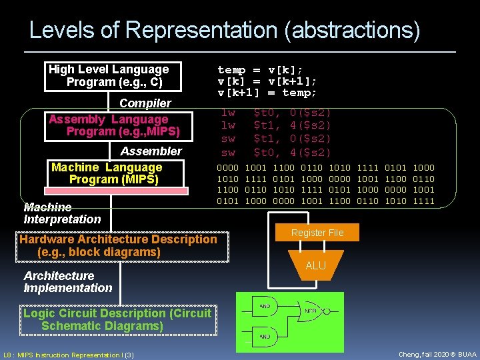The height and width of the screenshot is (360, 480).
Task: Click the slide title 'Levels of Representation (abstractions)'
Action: pyautogui.click(x=225, y=30)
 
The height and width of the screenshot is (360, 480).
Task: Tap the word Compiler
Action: pyautogui.click(x=145, y=103)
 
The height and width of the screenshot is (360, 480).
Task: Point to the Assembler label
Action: pyautogui.click(x=151, y=151)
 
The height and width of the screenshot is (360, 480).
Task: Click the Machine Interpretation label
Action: pyautogui.click(x=62, y=213)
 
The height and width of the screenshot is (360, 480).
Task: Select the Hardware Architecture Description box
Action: pyautogui.click(x=119, y=245)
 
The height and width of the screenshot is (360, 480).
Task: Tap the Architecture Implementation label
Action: pyautogui.click(x=67, y=282)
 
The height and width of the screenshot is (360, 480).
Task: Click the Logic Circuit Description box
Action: pyautogui.click(x=117, y=319)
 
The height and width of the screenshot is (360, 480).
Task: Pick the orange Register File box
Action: pyautogui.click(x=317, y=233)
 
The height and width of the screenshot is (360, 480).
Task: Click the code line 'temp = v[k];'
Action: pyautogui.click(x=260, y=70)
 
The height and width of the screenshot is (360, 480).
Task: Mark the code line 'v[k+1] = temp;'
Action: pyautogui.click(x=267, y=93)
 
